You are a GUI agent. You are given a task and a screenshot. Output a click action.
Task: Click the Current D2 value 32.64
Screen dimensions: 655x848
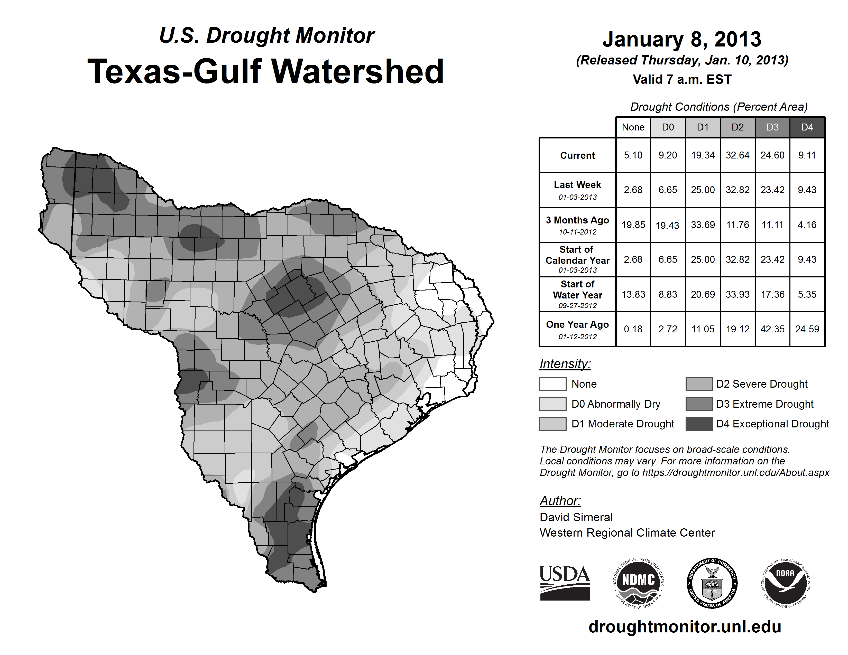point(737,155)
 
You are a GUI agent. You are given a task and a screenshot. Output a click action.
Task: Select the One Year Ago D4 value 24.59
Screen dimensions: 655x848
point(807,329)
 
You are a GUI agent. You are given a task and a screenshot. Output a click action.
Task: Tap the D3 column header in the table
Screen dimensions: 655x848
point(772,127)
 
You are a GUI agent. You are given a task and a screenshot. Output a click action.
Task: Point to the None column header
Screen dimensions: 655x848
point(633,127)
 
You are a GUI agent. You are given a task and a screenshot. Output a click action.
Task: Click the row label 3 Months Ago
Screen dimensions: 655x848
point(577,225)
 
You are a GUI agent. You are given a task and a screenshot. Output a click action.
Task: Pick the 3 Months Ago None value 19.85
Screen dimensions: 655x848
point(633,225)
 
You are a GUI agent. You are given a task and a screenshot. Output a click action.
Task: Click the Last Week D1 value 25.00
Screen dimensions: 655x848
point(702,190)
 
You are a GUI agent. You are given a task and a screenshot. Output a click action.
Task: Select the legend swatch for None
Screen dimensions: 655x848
point(552,384)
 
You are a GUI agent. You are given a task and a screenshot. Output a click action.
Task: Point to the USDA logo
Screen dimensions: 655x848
point(565,583)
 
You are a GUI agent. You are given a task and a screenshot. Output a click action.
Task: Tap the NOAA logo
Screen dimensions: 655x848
point(785,583)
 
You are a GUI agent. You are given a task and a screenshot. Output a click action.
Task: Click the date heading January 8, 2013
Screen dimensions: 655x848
point(682,39)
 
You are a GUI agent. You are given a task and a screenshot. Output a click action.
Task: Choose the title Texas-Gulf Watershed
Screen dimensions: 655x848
point(266,71)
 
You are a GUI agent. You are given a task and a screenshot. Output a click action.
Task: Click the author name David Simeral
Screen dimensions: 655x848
point(576,517)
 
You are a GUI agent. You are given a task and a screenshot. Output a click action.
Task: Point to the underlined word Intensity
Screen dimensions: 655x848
point(565,364)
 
